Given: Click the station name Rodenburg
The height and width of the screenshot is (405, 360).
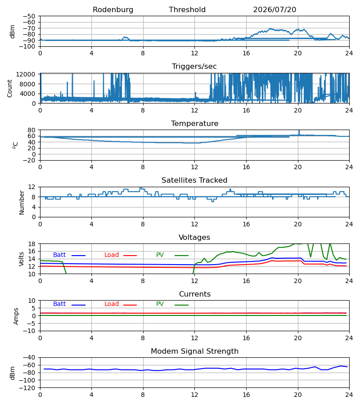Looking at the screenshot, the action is click(113, 10).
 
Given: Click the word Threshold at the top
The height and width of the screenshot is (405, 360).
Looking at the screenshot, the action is click(187, 10).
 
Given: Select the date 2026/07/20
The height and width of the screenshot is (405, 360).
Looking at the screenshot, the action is click(274, 10).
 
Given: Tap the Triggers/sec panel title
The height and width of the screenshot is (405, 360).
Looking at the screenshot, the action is click(194, 67).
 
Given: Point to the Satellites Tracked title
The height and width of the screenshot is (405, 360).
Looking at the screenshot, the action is click(194, 180).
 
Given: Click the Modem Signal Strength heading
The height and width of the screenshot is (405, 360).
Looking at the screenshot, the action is click(194, 351).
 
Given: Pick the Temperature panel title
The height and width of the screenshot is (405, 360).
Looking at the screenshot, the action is click(194, 123).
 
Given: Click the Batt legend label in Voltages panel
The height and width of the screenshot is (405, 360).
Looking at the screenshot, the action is click(59, 255).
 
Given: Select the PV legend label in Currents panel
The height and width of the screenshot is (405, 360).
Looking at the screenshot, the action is click(160, 304).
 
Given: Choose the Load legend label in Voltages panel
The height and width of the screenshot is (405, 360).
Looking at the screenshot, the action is click(112, 255).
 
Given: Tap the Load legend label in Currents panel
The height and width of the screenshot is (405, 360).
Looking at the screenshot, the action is click(112, 304).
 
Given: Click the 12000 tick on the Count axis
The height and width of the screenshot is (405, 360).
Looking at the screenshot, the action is click(26, 74).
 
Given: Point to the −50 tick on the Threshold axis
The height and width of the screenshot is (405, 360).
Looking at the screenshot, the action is click(29, 16).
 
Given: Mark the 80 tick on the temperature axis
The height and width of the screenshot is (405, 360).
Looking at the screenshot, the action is click(31, 130).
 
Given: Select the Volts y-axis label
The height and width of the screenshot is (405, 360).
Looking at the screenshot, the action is click(21, 259).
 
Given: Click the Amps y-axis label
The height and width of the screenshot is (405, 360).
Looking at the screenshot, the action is click(16, 316).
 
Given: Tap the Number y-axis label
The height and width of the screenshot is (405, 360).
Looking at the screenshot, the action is click(22, 202).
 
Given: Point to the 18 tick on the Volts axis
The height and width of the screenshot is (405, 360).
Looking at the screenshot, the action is click(32, 244).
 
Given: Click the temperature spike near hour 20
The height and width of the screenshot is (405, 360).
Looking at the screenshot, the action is click(299, 132).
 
